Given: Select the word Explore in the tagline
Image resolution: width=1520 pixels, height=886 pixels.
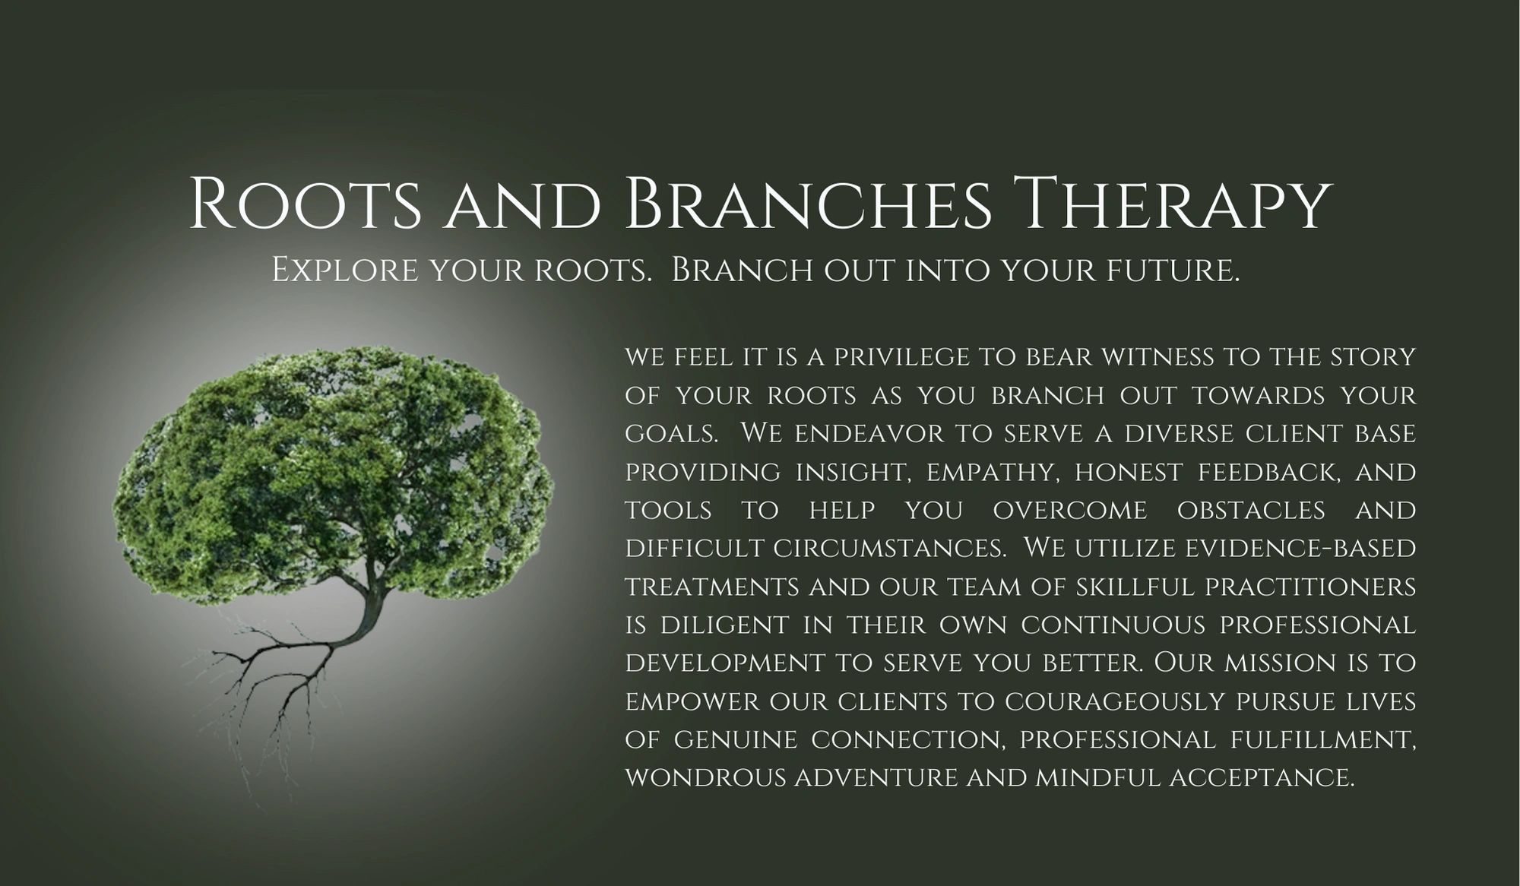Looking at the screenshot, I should coord(344,271).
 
